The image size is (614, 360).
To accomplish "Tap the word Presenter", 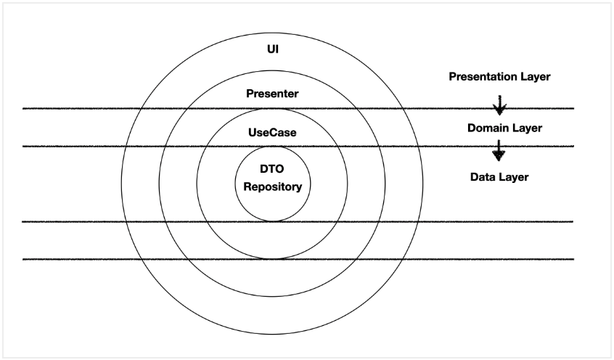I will point(272,94).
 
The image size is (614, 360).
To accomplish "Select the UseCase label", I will point(272,133).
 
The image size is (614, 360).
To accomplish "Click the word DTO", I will point(272,168).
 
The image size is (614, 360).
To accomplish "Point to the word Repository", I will point(272,187).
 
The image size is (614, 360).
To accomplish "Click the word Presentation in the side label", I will point(481,75).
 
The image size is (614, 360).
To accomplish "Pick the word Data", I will point(483,176).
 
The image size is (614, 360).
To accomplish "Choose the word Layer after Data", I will point(514,176).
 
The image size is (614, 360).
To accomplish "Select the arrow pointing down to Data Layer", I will point(499,151).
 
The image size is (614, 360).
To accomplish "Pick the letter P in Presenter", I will point(250,94).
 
